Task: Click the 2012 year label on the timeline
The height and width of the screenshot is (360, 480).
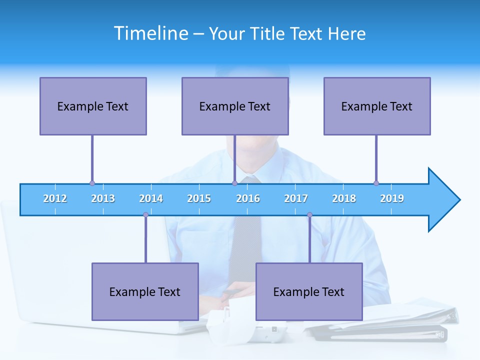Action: tap(55, 199)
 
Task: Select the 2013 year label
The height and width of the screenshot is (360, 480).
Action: tap(103, 199)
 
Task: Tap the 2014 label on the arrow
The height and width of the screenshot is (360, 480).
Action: tap(151, 199)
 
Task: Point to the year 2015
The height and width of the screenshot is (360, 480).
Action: tap(199, 199)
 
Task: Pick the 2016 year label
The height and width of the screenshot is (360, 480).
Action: tap(248, 199)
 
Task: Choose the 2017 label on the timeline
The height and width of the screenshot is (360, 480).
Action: tap(296, 199)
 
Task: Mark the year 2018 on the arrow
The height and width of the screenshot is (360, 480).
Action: tap(344, 199)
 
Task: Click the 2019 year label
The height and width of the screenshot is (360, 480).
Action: tap(392, 199)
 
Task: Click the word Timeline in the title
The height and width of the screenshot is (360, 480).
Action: tap(150, 33)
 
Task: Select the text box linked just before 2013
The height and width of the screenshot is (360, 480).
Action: tap(93, 106)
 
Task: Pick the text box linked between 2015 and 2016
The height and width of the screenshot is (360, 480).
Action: tap(235, 106)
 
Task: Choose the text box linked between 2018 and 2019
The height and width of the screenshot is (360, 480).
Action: tap(377, 106)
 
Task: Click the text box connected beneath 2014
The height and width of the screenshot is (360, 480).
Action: tap(145, 291)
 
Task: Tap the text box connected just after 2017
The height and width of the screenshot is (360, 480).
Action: tap(309, 291)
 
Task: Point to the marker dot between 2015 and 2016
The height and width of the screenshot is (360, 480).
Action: tap(234, 183)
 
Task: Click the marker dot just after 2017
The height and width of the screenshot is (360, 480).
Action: tap(309, 215)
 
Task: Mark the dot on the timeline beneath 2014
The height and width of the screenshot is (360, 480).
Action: tap(145, 215)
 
